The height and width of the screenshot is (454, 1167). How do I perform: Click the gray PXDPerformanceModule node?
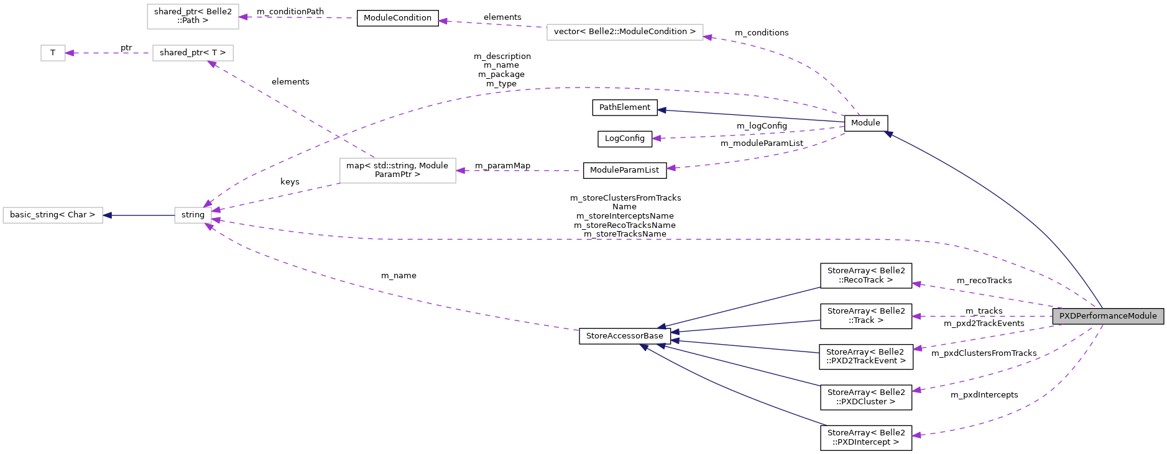(1108, 316)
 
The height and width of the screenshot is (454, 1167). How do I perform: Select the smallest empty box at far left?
(53, 53)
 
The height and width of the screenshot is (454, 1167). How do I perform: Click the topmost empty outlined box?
(193, 17)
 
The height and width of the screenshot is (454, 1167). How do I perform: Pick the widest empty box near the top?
(625, 32)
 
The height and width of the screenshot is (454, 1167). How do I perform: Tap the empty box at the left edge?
(53, 216)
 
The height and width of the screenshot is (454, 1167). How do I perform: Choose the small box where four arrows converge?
(193, 216)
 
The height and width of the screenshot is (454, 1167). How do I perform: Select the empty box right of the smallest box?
(193, 53)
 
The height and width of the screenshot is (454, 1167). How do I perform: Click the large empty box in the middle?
(398, 171)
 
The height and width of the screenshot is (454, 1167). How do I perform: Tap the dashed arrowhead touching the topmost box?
(244, 17)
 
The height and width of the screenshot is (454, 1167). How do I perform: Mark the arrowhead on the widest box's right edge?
(708, 37)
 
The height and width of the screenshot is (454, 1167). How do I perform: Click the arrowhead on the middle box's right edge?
(461, 171)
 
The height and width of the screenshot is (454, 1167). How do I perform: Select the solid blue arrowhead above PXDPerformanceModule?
(889, 134)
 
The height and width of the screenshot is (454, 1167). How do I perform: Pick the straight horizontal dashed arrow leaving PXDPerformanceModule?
(982, 316)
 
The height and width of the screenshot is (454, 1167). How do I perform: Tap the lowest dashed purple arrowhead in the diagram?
(916, 435)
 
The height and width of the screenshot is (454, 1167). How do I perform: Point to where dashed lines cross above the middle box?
(338, 136)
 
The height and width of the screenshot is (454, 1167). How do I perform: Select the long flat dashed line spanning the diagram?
(622, 239)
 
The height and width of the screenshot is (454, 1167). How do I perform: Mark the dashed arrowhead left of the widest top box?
(443, 21)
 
